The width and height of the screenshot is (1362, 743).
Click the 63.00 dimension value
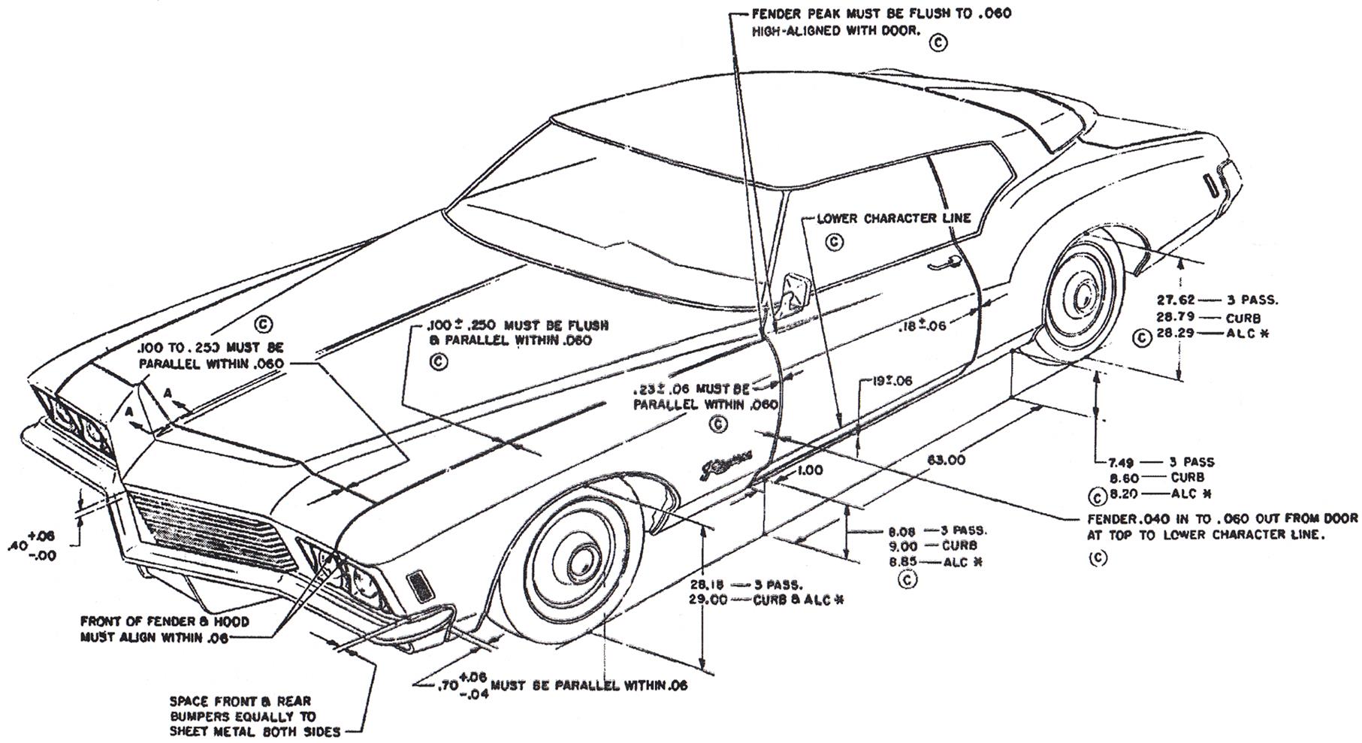(947, 461)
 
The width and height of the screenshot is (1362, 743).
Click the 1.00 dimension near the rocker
(808, 471)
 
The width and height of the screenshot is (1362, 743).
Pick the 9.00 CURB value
(903, 546)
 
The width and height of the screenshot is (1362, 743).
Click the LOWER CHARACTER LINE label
(893, 219)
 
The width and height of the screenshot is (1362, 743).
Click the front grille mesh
(210, 527)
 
